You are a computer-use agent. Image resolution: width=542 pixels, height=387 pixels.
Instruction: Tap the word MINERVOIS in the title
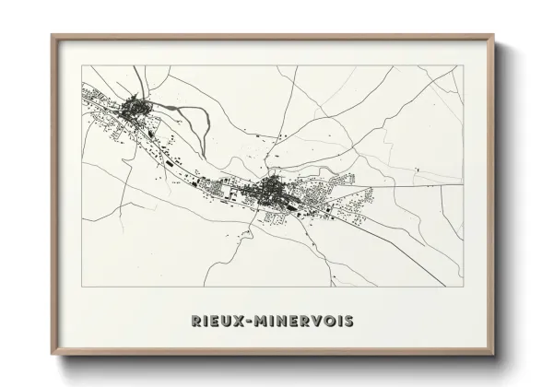coord(303,321)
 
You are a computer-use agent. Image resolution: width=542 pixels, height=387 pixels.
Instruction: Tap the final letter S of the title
coord(348,321)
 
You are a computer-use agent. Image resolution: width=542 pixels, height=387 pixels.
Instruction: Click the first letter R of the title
coord(195,321)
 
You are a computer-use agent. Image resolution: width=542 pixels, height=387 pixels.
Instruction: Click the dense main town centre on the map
coord(274,191)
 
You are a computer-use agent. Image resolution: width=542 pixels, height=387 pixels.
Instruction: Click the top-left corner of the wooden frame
coord(52,36)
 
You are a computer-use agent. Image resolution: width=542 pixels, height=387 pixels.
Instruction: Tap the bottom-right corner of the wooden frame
coord(494,355)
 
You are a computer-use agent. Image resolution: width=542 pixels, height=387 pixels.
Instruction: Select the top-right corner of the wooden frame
coord(494,36)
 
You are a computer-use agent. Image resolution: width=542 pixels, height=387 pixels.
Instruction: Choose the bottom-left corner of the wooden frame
coord(52,355)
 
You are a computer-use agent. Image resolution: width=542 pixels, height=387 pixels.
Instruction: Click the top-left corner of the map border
coord(82,65)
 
